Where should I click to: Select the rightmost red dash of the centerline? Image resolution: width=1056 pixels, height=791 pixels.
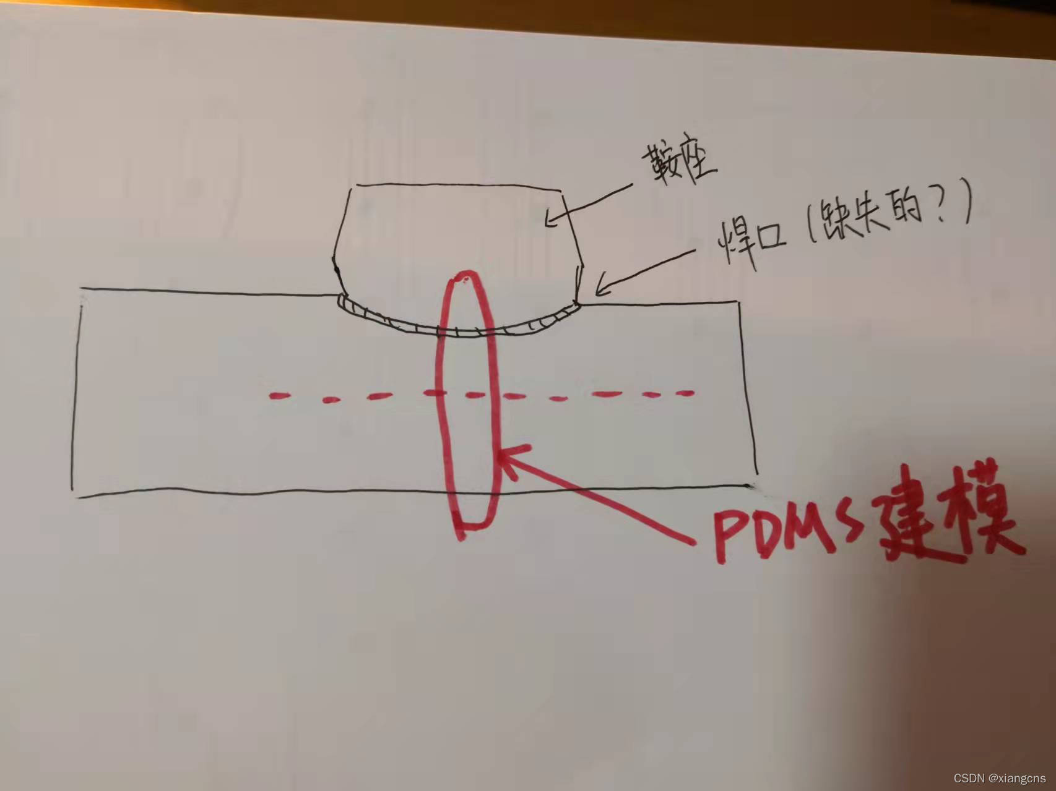(x=684, y=393)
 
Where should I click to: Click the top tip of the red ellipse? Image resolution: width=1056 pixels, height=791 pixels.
(x=467, y=273)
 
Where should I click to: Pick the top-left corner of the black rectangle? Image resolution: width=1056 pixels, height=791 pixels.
(x=81, y=289)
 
